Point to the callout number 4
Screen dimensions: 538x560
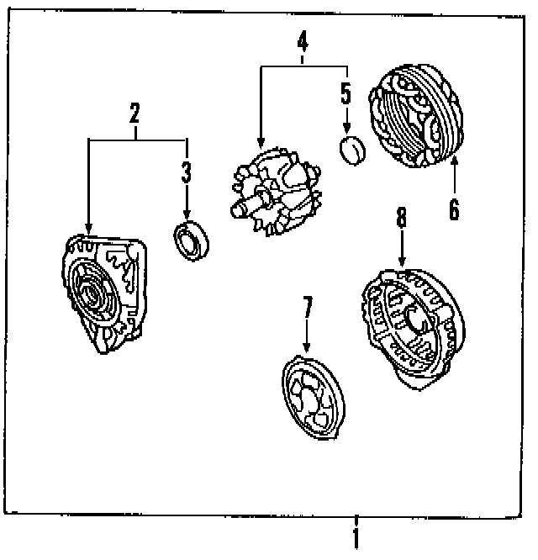(x=302, y=40)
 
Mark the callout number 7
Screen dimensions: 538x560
(x=308, y=308)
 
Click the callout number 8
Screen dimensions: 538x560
(x=401, y=219)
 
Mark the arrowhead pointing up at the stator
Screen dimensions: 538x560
(x=454, y=162)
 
